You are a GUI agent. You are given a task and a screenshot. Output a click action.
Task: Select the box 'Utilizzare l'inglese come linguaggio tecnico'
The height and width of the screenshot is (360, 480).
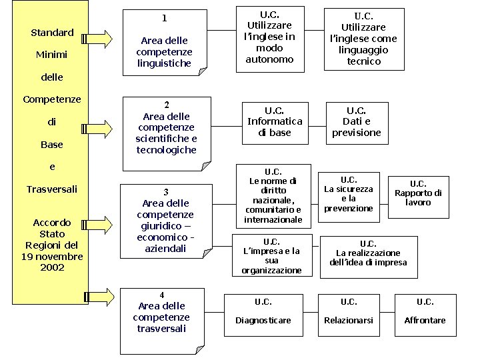tap(364, 39)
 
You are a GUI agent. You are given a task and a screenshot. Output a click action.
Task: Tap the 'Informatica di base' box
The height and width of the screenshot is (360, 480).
tap(275, 121)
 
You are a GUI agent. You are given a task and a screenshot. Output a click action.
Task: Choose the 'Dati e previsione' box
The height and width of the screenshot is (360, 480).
tap(357, 121)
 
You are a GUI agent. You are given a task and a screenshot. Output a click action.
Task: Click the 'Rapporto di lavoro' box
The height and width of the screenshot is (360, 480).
tap(418, 193)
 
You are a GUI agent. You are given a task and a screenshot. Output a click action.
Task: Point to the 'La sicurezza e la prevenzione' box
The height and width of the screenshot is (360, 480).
tap(349, 193)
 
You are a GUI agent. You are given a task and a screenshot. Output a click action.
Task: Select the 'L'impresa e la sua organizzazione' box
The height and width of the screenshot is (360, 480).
tap(271, 255)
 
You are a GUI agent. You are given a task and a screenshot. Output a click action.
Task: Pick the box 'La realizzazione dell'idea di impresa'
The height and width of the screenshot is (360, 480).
tap(368, 253)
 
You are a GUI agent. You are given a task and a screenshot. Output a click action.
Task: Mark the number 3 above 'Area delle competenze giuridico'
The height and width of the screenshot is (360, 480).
tap(166, 192)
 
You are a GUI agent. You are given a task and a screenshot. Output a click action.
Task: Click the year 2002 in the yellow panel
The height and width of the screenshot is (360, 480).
tap(52, 267)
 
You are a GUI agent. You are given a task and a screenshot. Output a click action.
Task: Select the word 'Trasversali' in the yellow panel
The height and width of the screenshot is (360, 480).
tap(52, 189)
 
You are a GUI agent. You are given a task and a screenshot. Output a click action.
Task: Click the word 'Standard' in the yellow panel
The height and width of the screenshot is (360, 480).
tap(52, 33)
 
